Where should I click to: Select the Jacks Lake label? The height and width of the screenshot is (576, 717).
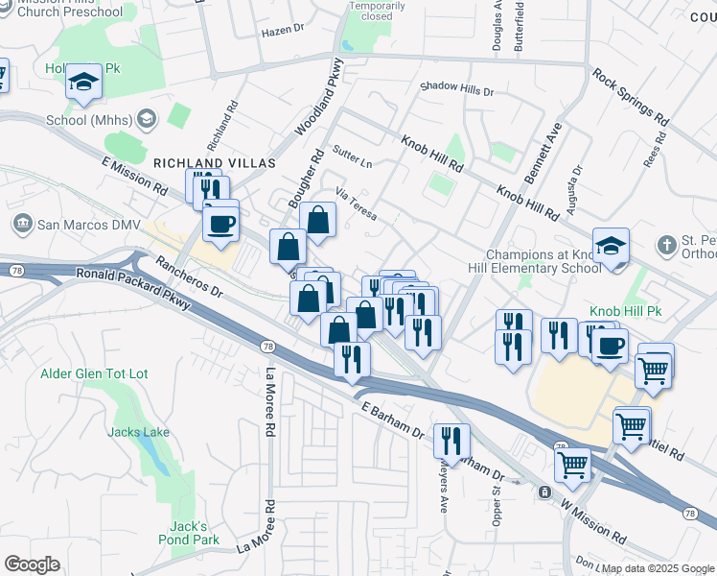[138, 432]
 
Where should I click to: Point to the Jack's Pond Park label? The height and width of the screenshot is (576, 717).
[189, 533]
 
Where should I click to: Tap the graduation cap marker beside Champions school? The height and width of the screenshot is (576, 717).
[611, 247]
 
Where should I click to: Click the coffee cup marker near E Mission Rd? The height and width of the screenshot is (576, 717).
[220, 225]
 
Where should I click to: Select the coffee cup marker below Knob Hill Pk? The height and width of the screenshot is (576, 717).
[609, 346]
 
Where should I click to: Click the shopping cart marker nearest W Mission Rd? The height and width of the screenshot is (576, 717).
[573, 466]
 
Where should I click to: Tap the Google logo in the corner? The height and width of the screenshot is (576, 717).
[32, 564]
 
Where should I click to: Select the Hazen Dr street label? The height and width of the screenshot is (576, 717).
[282, 31]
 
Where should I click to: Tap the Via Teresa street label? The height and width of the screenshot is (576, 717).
[356, 204]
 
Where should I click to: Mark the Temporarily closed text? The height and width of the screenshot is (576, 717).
[370, 11]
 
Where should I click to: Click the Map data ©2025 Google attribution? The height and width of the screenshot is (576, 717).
[659, 568]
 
